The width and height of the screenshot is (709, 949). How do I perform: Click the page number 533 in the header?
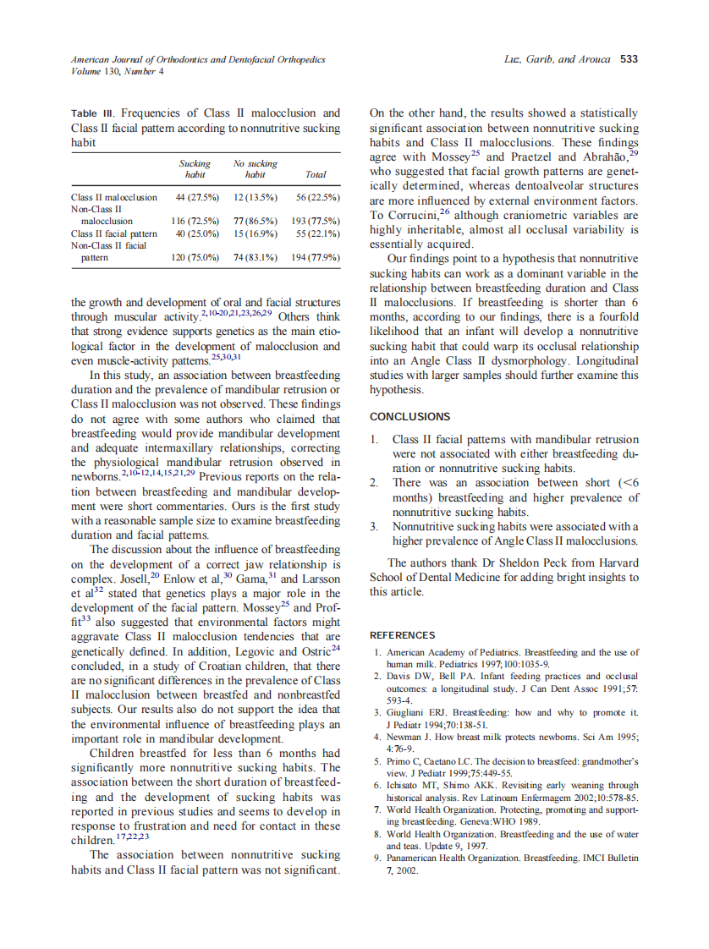[x=629, y=59]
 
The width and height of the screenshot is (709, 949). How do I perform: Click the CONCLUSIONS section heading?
[x=409, y=417]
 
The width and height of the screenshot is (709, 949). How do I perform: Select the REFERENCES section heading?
[x=403, y=635]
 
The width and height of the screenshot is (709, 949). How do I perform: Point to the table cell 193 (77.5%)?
[x=315, y=220]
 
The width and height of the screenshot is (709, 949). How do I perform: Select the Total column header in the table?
[x=315, y=175]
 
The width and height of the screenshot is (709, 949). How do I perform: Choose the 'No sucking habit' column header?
[x=255, y=169]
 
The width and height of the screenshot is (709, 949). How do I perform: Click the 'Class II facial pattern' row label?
[x=113, y=233]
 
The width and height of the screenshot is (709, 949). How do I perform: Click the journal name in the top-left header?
[x=197, y=59]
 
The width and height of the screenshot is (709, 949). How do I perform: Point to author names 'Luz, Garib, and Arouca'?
[x=558, y=59]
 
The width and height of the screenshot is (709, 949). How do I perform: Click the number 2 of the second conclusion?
[x=373, y=483]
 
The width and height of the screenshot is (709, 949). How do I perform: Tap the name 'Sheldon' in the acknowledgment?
[x=498, y=563]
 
